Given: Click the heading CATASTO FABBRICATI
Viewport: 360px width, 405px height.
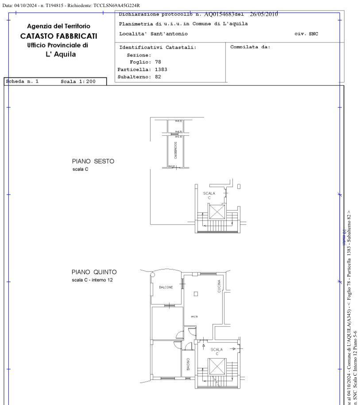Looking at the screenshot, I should tap(58, 36).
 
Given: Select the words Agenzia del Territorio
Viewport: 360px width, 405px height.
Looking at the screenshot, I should tap(58, 27).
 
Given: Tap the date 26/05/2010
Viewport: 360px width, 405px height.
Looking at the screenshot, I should tap(264, 14).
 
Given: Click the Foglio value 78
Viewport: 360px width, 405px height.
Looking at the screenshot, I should tap(158, 62).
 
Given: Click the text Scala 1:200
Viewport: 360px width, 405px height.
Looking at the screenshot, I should tap(78, 82).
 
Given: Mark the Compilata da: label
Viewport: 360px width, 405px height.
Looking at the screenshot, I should tap(250, 47).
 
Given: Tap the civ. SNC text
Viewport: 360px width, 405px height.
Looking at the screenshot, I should tap(306, 34).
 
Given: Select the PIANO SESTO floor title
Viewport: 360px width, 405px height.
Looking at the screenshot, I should tap(93, 161).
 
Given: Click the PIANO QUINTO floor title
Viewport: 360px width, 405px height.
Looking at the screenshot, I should tap(94, 272).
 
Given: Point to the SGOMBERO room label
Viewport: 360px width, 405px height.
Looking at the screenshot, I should tap(175, 151).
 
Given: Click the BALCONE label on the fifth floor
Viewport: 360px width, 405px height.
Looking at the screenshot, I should tap(166, 287).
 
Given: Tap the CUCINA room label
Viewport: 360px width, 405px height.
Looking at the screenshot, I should tap(219, 286).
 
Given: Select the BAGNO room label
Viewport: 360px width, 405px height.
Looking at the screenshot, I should tap(188, 365).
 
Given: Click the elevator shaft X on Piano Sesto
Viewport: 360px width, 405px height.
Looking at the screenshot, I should tap(217, 212).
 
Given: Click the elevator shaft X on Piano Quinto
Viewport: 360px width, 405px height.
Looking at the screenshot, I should tap(217, 367).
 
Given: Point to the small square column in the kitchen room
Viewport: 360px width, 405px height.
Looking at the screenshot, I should tap(196, 293).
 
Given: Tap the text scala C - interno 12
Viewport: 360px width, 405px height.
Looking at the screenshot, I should tap(92, 280).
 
